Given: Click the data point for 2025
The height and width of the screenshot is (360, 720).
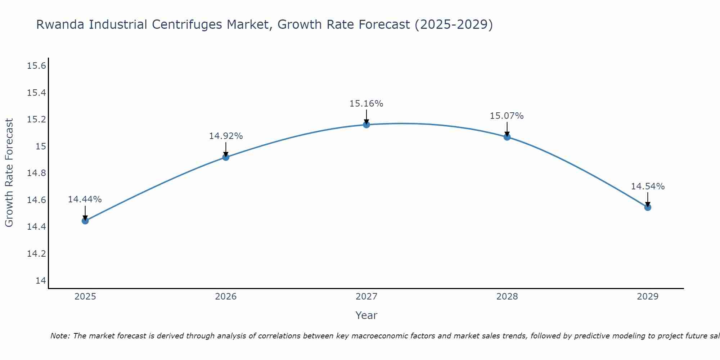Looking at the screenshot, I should coord(85,221).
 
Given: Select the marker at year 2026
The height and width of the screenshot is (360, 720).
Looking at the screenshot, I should coord(226,157).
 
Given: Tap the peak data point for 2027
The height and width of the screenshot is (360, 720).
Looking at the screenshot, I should coord(366,125).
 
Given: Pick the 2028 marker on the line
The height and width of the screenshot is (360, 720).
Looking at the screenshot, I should coord(507,137).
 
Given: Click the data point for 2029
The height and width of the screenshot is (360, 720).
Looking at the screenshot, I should coord(648,207).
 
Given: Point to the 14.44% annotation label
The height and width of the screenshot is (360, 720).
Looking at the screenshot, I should coord(85,199).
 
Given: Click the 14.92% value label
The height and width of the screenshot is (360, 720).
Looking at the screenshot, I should coord(226,136).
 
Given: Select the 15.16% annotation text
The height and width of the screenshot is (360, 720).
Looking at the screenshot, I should coord(366,104).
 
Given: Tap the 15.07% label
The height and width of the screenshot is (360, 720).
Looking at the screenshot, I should coord(507,116).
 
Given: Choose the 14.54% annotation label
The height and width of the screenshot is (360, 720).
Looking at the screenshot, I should coord(648,186).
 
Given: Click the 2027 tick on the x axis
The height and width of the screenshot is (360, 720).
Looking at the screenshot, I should coord(366,297).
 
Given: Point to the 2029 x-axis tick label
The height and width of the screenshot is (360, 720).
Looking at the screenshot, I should coord(648,297).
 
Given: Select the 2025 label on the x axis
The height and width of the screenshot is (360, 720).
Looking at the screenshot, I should coord(85,297).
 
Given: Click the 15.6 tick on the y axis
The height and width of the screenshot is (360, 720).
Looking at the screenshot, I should coord(36,66).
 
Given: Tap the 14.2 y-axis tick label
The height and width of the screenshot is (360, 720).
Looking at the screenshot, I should coord(36,254).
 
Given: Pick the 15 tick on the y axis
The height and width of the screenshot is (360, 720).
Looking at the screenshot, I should coord(41,147).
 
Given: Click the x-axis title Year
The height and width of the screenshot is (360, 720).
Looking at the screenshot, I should coord(366,315).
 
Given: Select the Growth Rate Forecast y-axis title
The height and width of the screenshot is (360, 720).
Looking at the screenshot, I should coord(9,173).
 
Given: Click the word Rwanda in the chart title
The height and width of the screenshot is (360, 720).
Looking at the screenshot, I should coord(60,24).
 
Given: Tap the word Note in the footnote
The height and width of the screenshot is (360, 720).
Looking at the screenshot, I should coord(60,336).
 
